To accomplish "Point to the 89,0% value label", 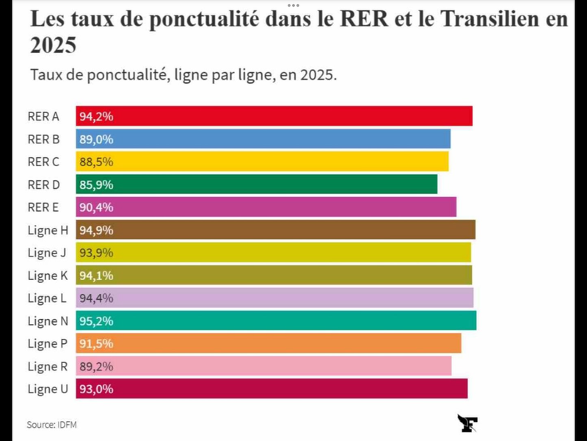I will pos(96,139).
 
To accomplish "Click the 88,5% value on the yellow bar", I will pos(96,162).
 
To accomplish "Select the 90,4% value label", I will pos(96,207).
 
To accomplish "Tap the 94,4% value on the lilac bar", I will pos(96,298).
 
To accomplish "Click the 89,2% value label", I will pos(96,366).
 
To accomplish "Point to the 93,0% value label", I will pos(96,389).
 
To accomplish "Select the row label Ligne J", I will pos(48,253).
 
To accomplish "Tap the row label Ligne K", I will pos(48,276).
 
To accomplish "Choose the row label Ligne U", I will pos(48,389).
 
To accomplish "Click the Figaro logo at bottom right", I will pos(467,423).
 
